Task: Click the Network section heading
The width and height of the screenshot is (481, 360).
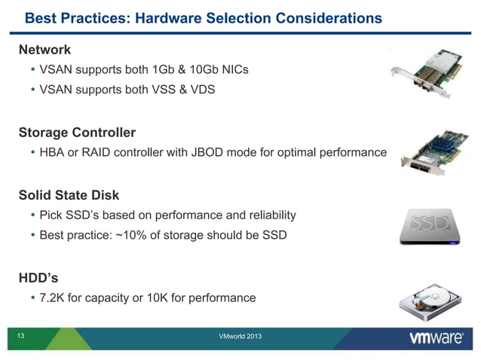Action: click(x=44, y=50)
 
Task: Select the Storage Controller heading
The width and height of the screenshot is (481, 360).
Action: click(x=77, y=133)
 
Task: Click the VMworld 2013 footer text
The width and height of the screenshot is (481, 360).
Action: click(x=239, y=335)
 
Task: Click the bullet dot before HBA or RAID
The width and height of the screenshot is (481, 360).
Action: click(x=32, y=154)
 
